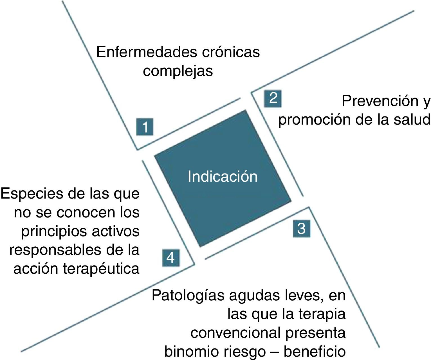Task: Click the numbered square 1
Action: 145,127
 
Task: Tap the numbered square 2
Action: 273,98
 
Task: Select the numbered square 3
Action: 301,228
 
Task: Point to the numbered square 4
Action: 171,258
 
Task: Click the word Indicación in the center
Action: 223,177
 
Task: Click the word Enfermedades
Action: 146,52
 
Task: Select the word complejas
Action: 178,71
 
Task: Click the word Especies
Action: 32,194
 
